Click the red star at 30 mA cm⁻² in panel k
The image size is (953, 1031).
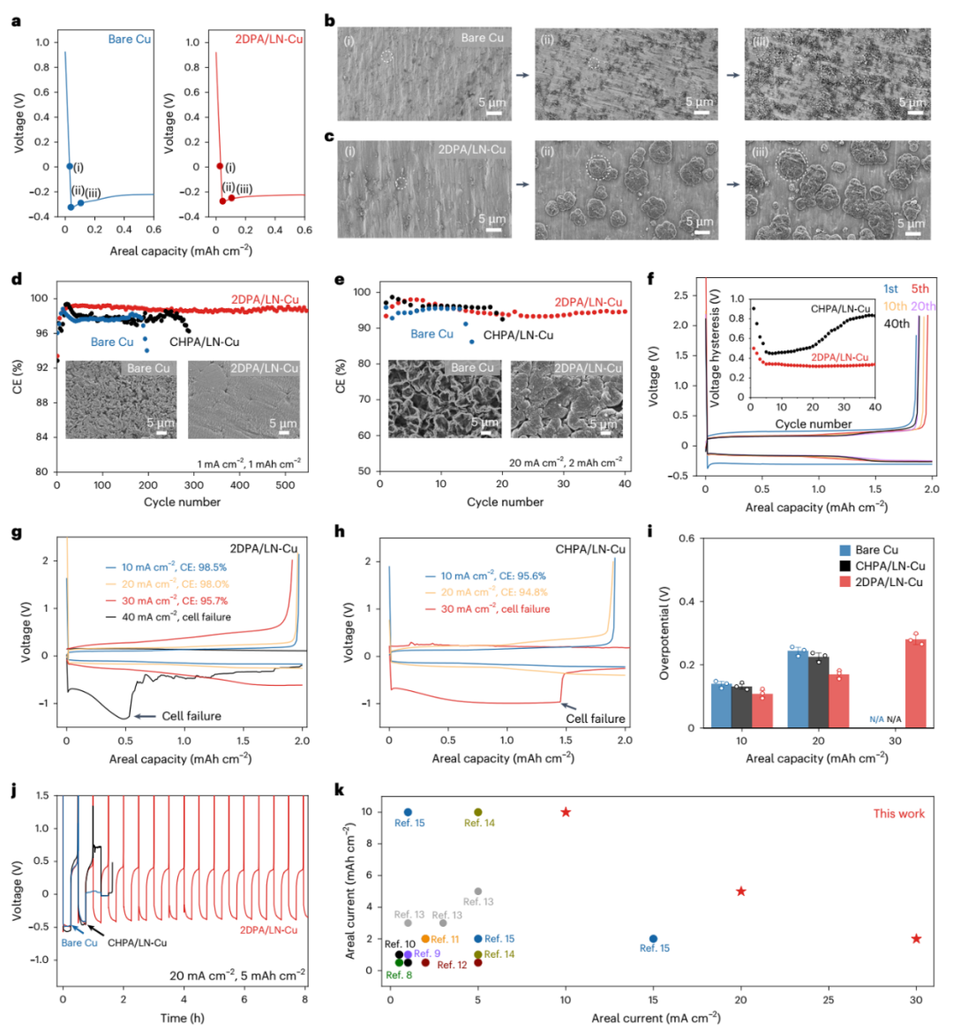click(916, 938)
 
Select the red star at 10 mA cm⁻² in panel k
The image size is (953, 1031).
click(566, 812)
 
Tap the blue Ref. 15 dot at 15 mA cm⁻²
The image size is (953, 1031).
click(653, 938)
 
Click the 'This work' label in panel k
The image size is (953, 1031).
click(898, 814)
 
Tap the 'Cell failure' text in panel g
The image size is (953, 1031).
click(191, 716)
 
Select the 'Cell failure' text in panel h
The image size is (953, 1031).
click(596, 719)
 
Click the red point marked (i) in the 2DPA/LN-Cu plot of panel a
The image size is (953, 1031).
click(220, 166)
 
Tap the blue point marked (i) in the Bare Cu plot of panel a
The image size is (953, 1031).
click(70, 166)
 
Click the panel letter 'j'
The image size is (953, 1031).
click(15, 788)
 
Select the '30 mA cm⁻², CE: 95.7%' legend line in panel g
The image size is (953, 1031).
click(175, 600)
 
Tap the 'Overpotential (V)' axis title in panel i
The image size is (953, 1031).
click(664, 632)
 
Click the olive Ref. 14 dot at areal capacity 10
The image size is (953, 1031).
click(478, 812)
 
